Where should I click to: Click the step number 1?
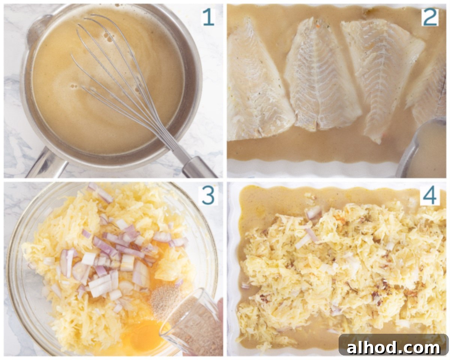tap(208, 18)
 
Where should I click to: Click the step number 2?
tap(429, 18)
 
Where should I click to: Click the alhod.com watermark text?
tap(393, 348)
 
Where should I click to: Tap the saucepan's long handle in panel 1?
tap(46, 163)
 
